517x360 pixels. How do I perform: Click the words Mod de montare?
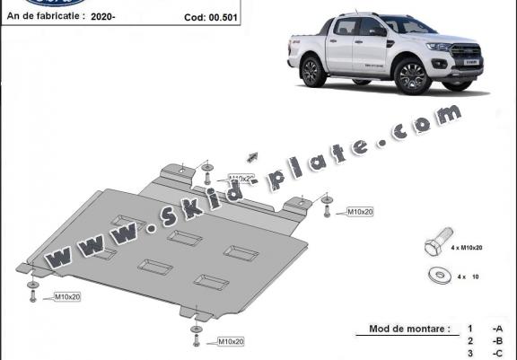pos(408,329)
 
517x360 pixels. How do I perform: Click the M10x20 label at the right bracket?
pos(361,211)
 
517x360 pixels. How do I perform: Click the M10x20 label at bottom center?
pos(230,341)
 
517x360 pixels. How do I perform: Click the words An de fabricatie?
pos(45,15)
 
